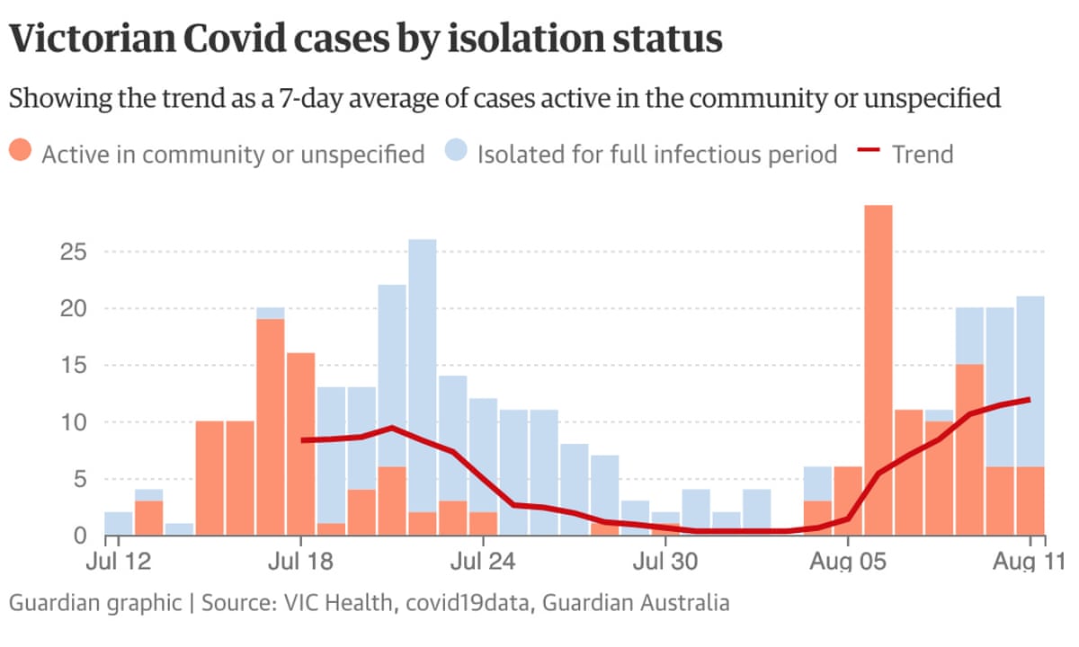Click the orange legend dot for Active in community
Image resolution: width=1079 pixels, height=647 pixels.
pos(22,154)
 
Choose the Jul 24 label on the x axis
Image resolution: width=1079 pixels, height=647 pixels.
pos(483,563)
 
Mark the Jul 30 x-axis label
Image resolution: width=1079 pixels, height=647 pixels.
pos(665,563)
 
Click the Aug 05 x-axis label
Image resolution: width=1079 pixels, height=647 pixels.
pos(848,563)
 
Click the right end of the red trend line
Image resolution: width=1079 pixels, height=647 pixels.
pos(1028,400)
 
